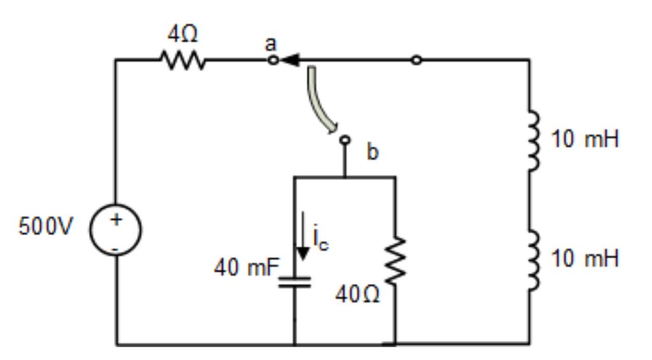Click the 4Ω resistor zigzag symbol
click(183, 61)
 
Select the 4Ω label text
click(182, 34)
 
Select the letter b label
click(372, 153)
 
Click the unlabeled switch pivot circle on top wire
click(416, 61)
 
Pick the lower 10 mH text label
click(585, 259)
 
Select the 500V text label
click(46, 227)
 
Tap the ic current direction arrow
click(304, 237)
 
